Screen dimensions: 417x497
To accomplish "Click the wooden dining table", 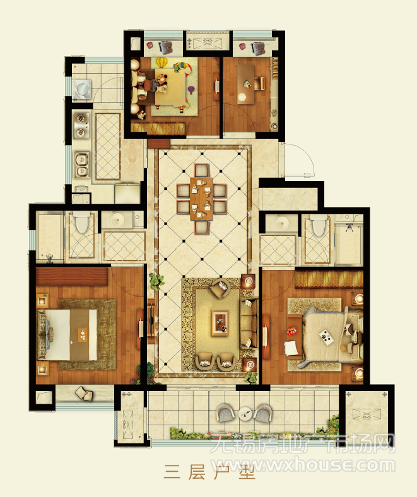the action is pyautogui.click(x=201, y=199).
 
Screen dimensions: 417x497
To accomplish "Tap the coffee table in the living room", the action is pyautogui.click(x=220, y=322).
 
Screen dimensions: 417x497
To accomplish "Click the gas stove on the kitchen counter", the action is pyautogui.click(x=81, y=125).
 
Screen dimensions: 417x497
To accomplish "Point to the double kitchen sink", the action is pyautogui.click(x=82, y=165).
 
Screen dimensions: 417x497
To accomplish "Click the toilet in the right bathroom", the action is pyautogui.click(x=319, y=225).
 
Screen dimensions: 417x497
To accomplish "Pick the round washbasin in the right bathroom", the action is pyautogui.click(x=281, y=224).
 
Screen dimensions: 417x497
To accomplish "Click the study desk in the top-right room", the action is pyautogui.click(x=246, y=85).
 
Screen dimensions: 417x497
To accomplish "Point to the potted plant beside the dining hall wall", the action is pyautogui.click(x=156, y=281).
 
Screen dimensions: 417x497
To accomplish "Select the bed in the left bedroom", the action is pyautogui.click(x=68, y=335).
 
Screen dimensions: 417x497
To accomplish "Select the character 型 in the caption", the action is pyautogui.click(x=247, y=472).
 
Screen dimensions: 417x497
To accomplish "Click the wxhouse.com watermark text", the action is pyautogui.click(x=304, y=465).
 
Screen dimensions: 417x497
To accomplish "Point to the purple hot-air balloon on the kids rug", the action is pyautogui.click(x=191, y=90).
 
